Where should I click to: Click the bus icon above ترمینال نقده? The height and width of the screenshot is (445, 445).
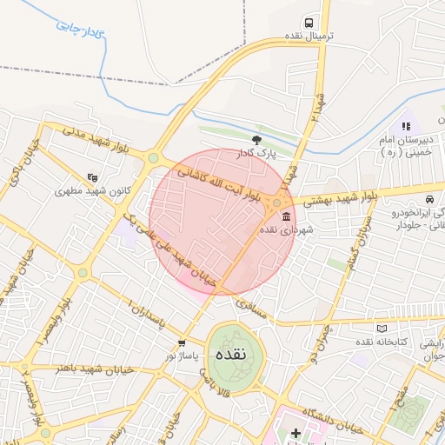(x=309, y=23)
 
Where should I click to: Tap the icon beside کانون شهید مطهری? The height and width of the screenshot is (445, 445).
(x=93, y=177)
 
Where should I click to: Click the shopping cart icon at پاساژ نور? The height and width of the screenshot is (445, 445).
(x=181, y=342)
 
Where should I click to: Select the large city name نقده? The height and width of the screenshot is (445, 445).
(x=236, y=354)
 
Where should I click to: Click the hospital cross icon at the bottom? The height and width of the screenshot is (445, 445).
(x=296, y=433)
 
